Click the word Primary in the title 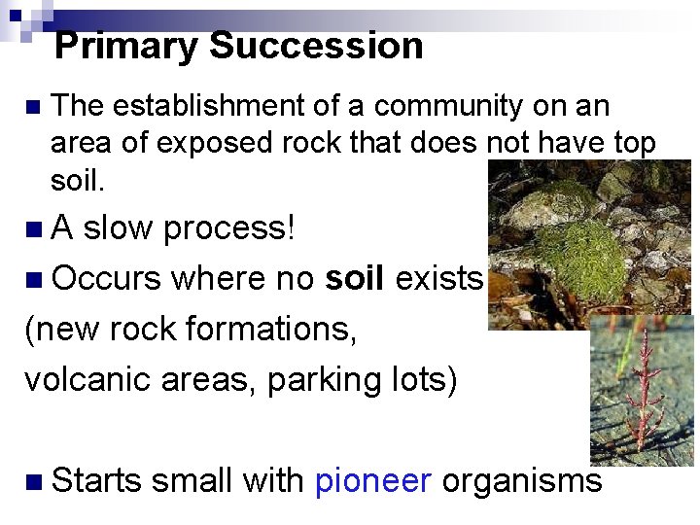pyautogui.click(x=126, y=46)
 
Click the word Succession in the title pyautogui.click(x=316, y=46)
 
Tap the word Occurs pyautogui.click(x=106, y=279)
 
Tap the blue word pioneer pyautogui.click(x=373, y=481)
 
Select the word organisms pyautogui.click(x=521, y=481)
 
